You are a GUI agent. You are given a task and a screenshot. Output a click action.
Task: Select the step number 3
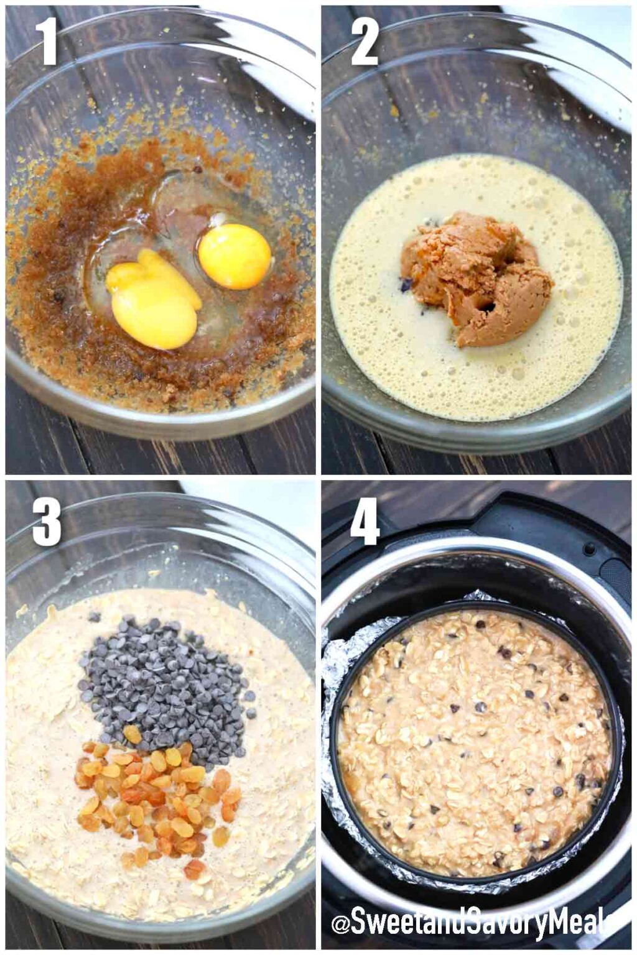[x=47, y=522]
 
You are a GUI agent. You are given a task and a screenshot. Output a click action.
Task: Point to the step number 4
[x=365, y=521]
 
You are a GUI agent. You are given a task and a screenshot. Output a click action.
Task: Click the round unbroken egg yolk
[x=235, y=256]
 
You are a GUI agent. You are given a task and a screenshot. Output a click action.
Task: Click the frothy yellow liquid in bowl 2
[x=386, y=348]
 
